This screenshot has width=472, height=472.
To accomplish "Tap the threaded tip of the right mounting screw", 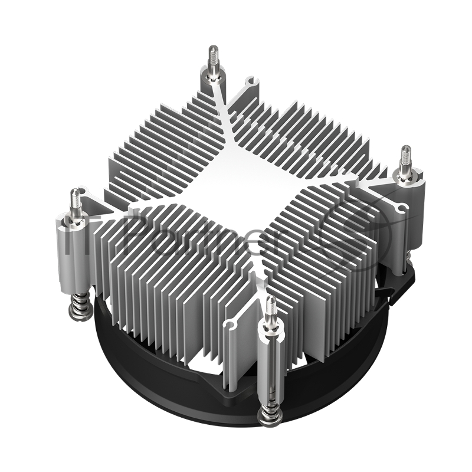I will tap(406, 156).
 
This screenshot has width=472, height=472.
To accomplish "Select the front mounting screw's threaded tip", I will tap(271, 307).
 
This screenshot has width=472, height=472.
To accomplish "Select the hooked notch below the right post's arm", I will tap(402, 208).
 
